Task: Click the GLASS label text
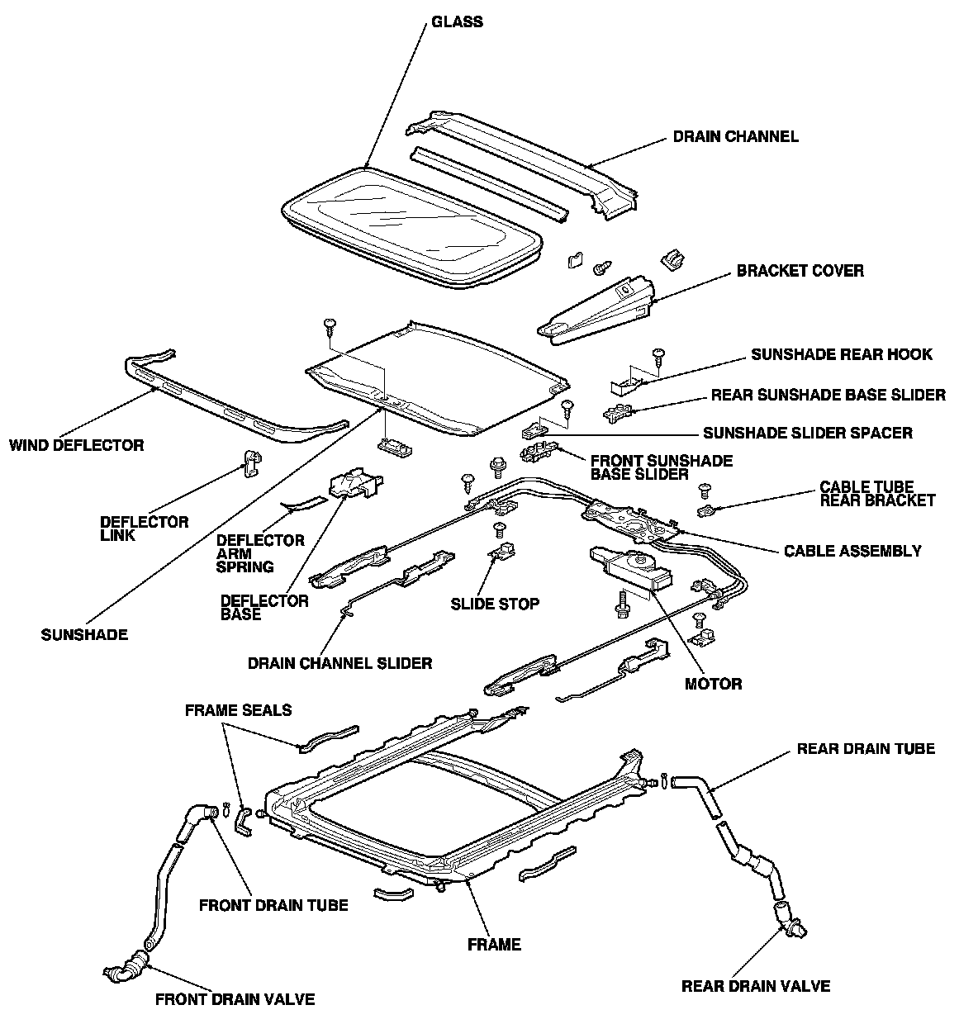click(x=457, y=22)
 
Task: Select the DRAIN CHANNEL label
click(x=735, y=137)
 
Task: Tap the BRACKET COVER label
click(x=800, y=271)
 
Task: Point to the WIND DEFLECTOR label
click(x=76, y=445)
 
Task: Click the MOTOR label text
click(x=713, y=684)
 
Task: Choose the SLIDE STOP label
click(x=495, y=604)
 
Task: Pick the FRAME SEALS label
click(x=238, y=710)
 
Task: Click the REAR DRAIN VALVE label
click(x=755, y=986)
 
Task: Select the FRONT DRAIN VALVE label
click(x=235, y=999)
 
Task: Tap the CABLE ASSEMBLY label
click(x=852, y=551)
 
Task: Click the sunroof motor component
click(x=630, y=569)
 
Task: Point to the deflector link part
click(x=252, y=463)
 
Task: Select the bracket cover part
click(x=596, y=311)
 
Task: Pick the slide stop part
click(x=502, y=552)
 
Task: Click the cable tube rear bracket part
click(x=706, y=510)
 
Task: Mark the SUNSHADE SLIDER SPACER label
click(x=808, y=433)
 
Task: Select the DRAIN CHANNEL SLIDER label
click(x=340, y=663)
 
